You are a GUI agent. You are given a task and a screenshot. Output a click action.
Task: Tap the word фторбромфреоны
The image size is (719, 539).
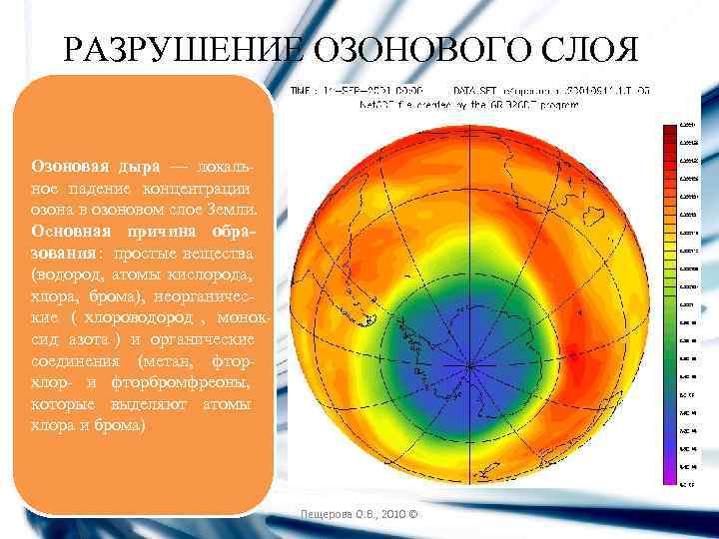(x=188, y=382)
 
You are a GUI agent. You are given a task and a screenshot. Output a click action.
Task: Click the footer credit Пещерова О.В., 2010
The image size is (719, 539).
(x=360, y=515)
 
